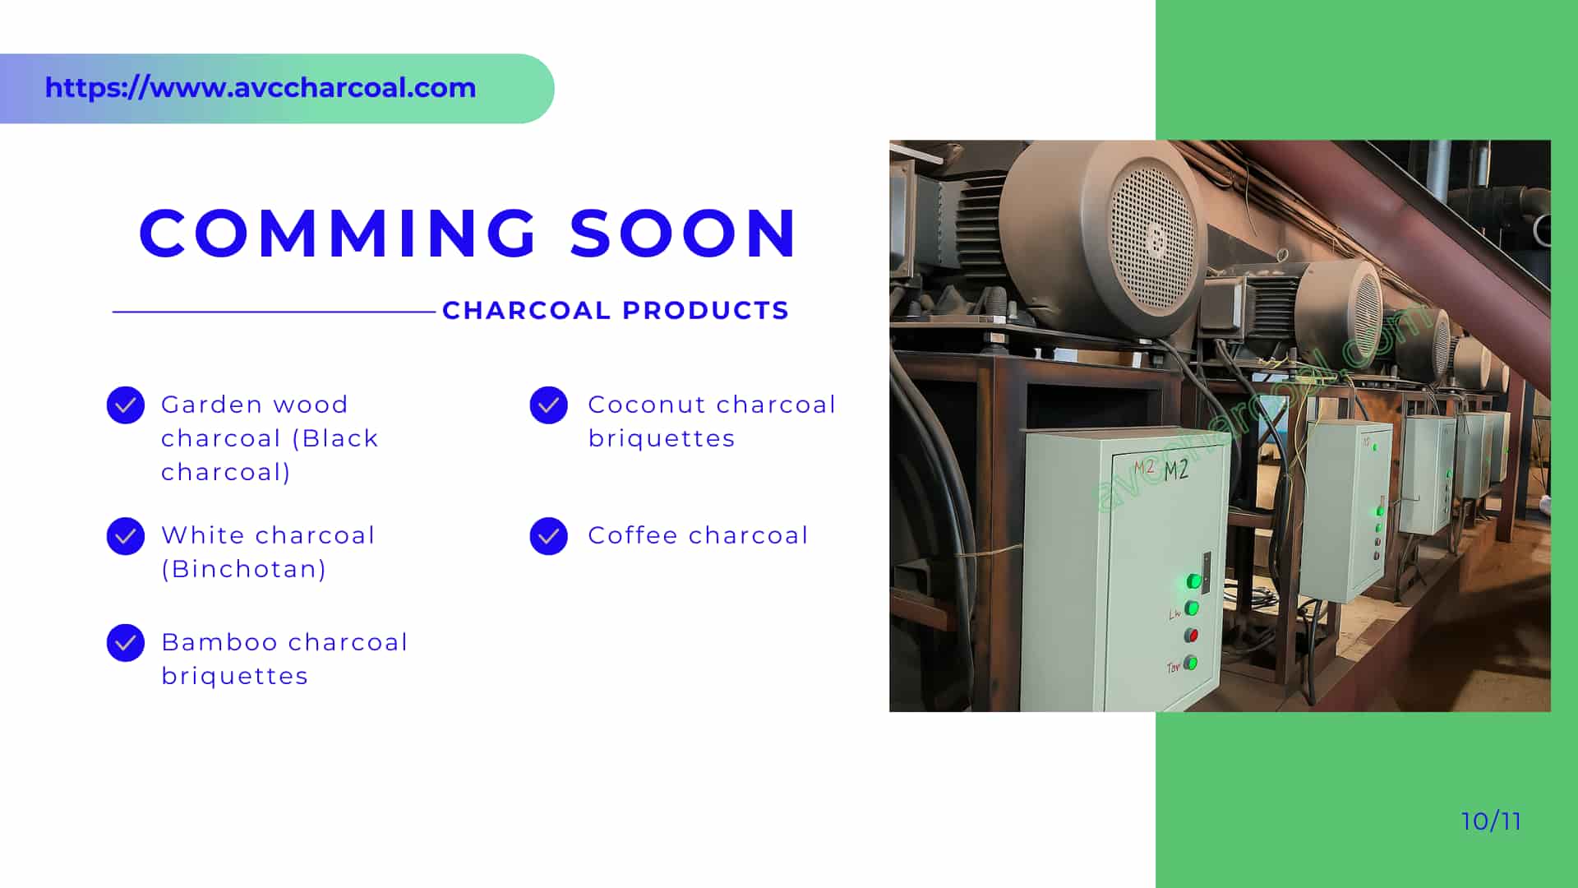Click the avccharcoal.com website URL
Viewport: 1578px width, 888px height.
tap(261, 88)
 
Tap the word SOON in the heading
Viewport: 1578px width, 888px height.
tap(683, 233)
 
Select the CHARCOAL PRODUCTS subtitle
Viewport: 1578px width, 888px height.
tap(616, 311)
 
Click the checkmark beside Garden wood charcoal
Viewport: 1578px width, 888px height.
tap(126, 405)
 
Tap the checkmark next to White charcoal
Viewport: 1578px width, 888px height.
tap(126, 536)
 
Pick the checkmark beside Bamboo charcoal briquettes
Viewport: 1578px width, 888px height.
tap(126, 643)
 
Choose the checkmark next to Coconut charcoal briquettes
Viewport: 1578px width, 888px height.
tap(549, 405)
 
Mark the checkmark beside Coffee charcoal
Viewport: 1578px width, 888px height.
tap(549, 536)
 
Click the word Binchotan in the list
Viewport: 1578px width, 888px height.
tap(244, 569)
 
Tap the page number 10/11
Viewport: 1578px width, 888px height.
tap(1491, 821)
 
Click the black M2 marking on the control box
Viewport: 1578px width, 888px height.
tap(1176, 469)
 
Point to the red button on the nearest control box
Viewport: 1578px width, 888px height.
tap(1191, 636)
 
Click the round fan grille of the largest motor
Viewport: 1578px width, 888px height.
tap(1151, 239)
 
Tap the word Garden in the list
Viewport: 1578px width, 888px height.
tap(210, 405)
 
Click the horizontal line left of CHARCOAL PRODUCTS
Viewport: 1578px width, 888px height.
tap(274, 312)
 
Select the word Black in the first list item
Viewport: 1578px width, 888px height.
tap(340, 438)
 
